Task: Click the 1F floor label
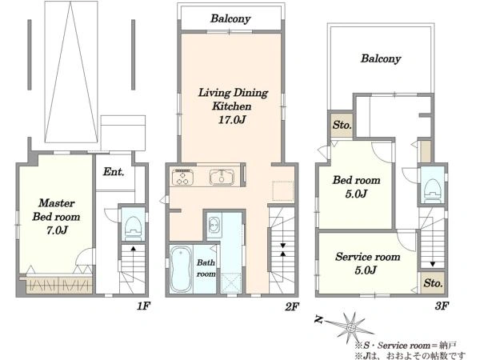(x=143, y=306)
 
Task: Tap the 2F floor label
(x=292, y=306)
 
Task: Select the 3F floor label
(x=442, y=306)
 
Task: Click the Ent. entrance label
(x=114, y=172)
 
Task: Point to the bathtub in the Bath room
(x=181, y=269)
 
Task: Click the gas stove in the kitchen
(x=182, y=178)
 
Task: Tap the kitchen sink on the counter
(x=222, y=178)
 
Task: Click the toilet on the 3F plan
(x=432, y=190)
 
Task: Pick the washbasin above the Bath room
(x=214, y=226)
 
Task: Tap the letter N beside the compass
(x=318, y=320)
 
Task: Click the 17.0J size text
(x=232, y=120)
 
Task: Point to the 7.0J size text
(x=57, y=230)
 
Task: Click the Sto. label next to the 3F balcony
(x=342, y=125)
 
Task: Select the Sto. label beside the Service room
(x=433, y=283)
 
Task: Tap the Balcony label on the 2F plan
(x=230, y=18)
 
